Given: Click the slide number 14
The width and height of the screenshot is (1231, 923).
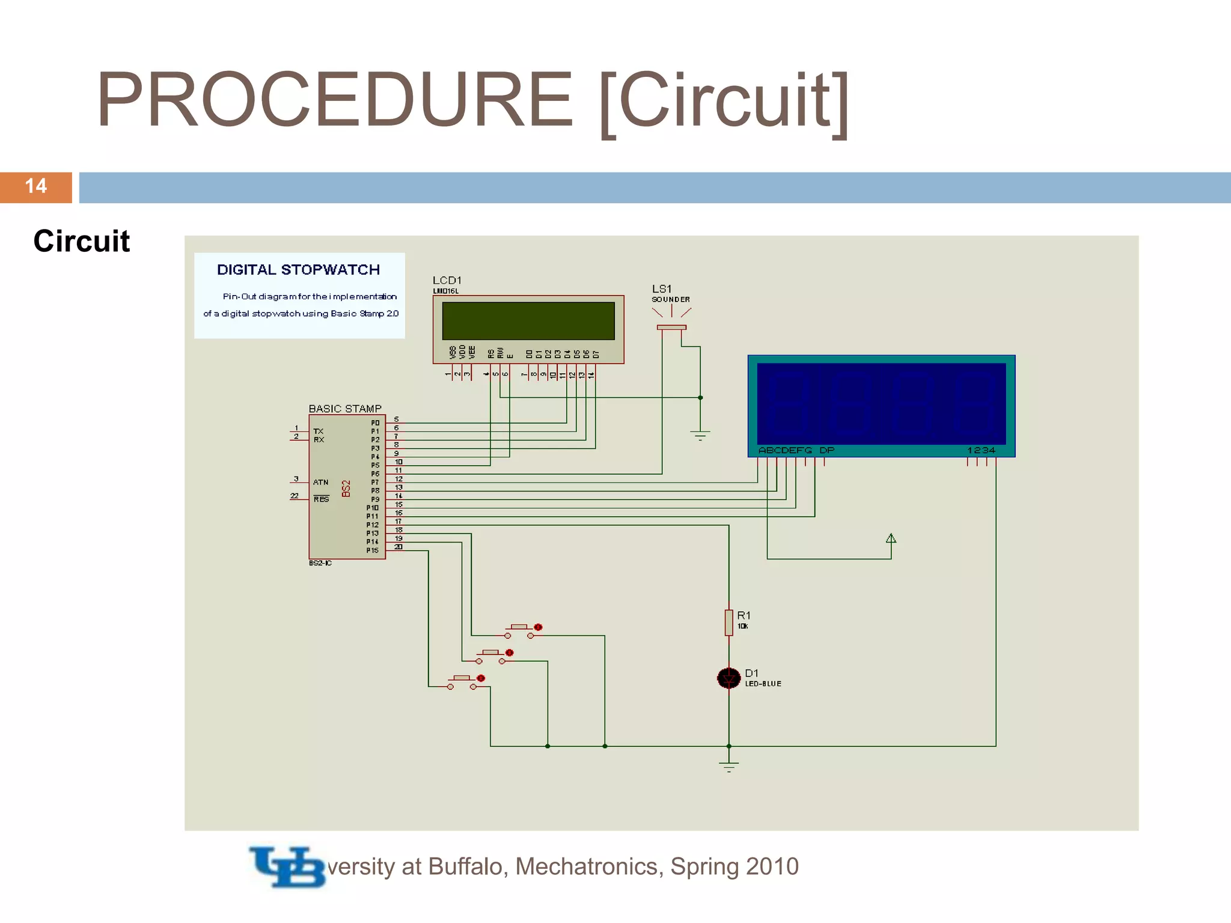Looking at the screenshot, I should click(36, 186).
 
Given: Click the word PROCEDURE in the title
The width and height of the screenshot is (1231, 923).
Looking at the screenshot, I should click(334, 100).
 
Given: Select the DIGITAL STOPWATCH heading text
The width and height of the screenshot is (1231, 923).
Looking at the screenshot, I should click(298, 270).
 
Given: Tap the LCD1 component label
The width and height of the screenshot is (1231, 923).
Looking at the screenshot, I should click(447, 281).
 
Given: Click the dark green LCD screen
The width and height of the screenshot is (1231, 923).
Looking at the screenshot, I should click(528, 321).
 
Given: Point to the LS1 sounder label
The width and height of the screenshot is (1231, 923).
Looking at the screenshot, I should click(662, 289).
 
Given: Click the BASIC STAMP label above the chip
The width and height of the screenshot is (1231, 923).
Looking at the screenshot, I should click(345, 409).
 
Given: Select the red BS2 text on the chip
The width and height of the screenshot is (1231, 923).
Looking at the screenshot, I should click(346, 489).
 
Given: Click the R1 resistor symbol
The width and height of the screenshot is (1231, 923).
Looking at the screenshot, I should click(729, 623).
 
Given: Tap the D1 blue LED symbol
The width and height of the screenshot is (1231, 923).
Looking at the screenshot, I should click(729, 678).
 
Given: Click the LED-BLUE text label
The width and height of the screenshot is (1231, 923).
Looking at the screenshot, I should click(763, 684).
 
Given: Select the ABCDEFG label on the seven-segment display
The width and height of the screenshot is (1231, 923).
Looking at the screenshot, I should click(785, 450).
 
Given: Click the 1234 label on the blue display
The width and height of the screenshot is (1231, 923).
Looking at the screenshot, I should click(981, 450).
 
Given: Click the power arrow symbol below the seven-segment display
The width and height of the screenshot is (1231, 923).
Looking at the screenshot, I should click(891, 538).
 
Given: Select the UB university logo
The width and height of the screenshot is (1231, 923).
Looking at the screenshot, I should click(287, 867).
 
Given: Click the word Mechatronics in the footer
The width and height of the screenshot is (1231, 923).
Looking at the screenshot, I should click(589, 867).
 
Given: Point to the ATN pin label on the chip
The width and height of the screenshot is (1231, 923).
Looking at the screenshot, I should click(320, 482).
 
